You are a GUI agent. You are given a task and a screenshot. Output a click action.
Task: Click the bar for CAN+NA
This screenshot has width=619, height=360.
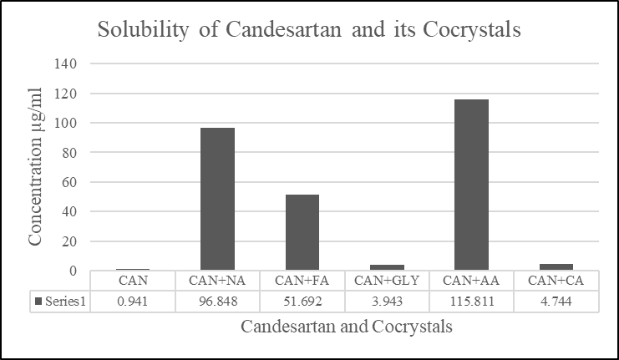click(x=217, y=199)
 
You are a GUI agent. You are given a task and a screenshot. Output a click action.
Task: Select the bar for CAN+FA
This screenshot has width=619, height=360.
click(x=302, y=232)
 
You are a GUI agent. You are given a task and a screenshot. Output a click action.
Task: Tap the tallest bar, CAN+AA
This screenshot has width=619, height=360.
click(x=471, y=185)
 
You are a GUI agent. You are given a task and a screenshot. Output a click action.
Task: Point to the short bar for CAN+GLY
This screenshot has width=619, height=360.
click(x=387, y=267)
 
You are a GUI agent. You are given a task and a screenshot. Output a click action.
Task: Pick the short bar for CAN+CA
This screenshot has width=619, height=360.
click(x=556, y=267)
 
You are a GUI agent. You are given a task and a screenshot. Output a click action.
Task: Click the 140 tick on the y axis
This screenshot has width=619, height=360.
click(x=68, y=63)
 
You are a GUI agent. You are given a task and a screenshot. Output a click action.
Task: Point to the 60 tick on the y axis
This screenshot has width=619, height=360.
click(x=71, y=182)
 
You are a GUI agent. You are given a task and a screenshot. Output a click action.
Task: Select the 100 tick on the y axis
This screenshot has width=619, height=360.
click(x=68, y=123)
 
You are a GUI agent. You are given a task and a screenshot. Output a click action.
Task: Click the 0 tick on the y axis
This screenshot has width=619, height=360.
click(x=74, y=271)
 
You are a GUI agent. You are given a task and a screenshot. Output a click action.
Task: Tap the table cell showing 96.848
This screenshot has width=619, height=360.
click(x=217, y=299)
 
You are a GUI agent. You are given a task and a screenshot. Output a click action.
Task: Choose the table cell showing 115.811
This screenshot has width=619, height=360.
click(x=471, y=299)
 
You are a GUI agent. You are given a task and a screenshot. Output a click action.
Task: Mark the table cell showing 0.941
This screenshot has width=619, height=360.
click(x=133, y=299)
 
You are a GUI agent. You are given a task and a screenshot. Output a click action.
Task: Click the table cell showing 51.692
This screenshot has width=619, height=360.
click(x=302, y=299)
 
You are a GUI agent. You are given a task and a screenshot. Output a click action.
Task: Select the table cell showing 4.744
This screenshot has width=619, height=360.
click(x=556, y=299)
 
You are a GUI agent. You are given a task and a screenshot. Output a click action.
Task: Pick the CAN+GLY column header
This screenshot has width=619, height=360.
click(x=387, y=280)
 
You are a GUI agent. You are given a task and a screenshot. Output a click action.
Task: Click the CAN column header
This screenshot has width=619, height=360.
click(x=133, y=280)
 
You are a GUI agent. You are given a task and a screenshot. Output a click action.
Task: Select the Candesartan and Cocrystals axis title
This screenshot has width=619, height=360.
click(x=347, y=327)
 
